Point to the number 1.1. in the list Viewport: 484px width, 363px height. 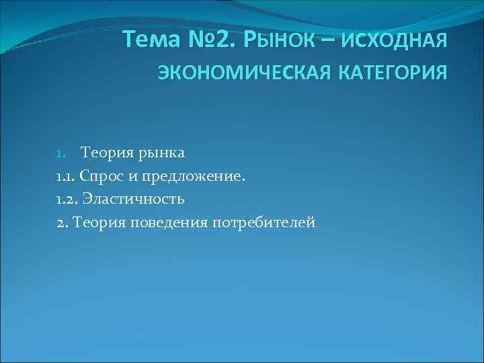(65, 176)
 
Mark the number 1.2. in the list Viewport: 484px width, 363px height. (66, 199)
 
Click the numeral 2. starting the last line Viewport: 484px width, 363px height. (62, 222)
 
